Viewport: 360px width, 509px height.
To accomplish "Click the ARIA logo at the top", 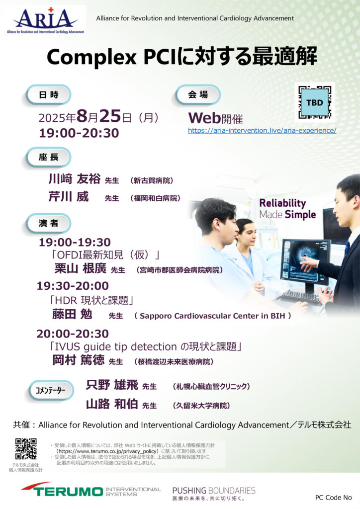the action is point(45,20).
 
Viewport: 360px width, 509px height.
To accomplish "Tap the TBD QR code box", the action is point(315,102).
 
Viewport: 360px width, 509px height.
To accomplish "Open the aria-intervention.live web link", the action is point(262,131).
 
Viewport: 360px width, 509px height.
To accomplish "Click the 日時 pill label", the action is point(48,95).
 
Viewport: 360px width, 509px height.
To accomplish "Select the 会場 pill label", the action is point(198,95).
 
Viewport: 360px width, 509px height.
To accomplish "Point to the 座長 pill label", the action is point(48,158).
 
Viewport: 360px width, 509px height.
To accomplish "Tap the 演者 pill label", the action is point(48,223).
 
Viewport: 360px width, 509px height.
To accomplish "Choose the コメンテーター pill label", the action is point(50,390).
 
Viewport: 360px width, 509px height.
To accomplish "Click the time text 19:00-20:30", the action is point(79,133).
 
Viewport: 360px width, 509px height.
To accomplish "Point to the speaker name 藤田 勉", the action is point(72,314).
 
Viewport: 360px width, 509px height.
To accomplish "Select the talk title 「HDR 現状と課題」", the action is point(91,300).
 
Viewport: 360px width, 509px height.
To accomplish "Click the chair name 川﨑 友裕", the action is point(75,179).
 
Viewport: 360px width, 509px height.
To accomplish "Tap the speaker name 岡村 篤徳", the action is point(78,360).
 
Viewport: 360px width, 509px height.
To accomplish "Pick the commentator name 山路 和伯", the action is point(112,404).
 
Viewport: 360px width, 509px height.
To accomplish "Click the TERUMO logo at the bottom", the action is point(91,490).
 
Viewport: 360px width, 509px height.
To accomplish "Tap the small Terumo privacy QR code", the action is point(26,449).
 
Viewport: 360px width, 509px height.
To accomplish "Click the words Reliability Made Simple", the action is point(287,209).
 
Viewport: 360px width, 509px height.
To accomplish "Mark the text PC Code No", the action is point(333,498).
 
